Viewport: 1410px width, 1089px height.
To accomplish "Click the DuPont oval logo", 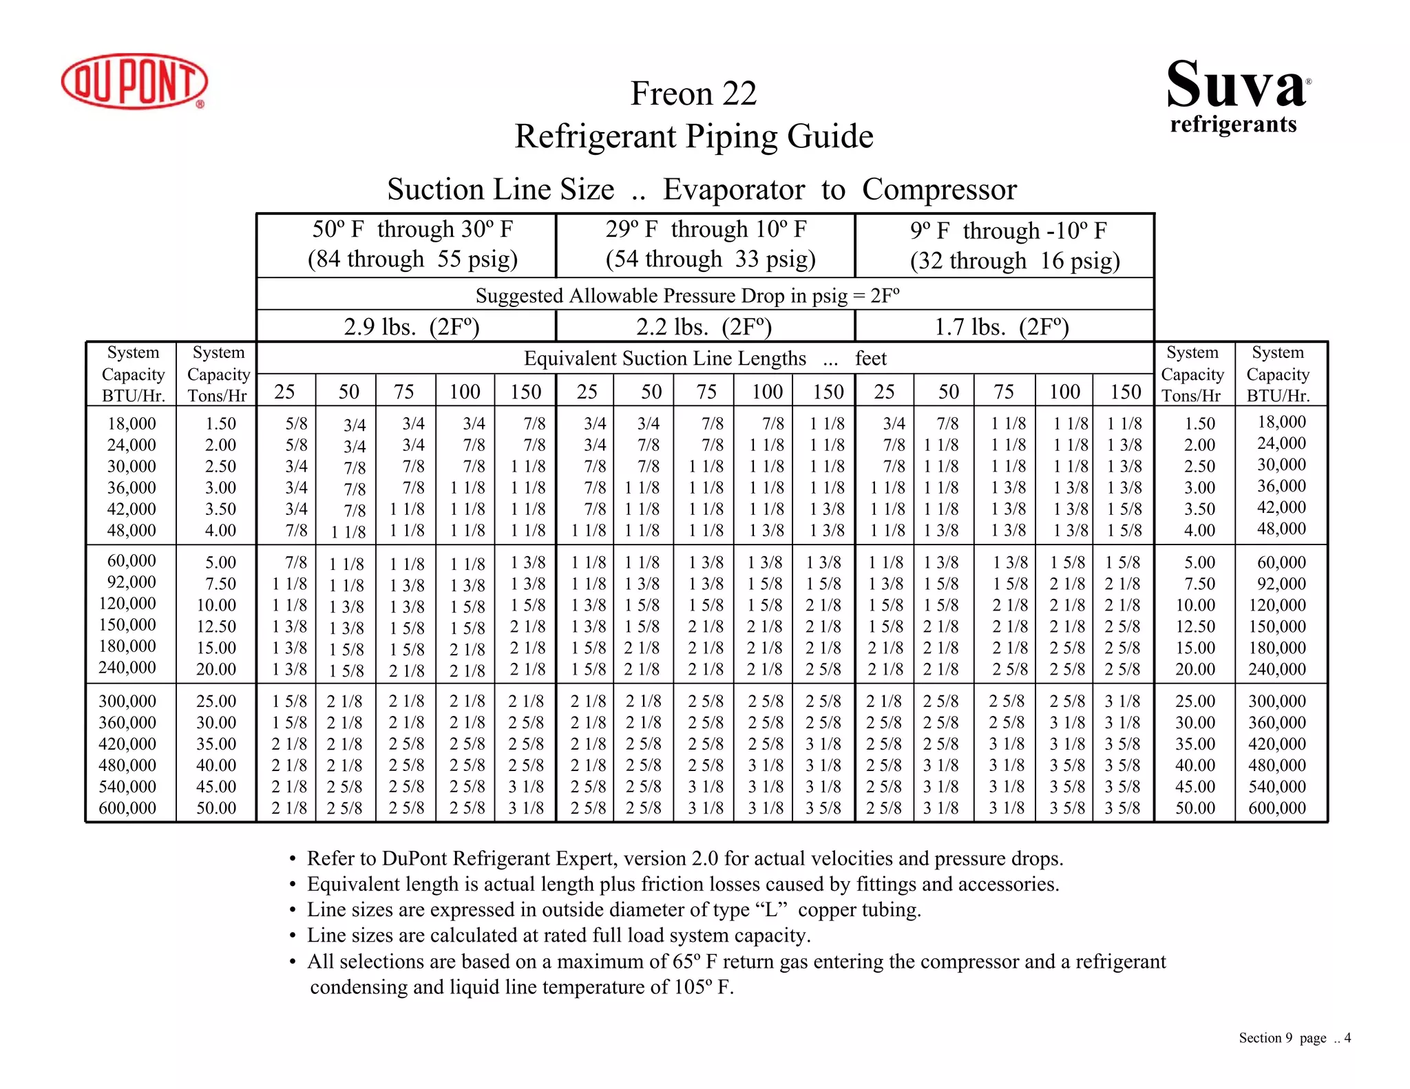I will (134, 81).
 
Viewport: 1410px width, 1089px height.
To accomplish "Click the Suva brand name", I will (1236, 85).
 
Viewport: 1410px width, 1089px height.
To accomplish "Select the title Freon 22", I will (693, 94).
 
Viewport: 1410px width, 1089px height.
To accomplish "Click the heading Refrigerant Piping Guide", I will (693, 136).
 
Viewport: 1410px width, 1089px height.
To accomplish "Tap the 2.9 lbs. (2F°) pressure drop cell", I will (411, 326).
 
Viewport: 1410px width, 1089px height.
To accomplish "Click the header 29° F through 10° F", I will (706, 229).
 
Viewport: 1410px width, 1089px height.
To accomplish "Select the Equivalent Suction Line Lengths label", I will (664, 359).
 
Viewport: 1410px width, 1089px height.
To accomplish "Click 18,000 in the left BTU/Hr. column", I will (131, 423).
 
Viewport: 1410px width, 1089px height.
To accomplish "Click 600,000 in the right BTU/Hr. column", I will (1276, 808).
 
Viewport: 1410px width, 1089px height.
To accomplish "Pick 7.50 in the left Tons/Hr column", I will (220, 584).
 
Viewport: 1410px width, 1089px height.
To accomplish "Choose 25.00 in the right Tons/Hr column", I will (1195, 701).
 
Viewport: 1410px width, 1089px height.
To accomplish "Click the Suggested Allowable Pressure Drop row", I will (687, 296).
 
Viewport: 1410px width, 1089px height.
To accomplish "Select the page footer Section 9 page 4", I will (1294, 1038).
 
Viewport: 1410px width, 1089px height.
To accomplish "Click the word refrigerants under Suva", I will (1233, 125).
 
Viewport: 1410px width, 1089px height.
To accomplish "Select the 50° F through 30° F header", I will (412, 229).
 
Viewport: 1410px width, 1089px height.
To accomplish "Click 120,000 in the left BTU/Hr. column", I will (127, 604).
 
